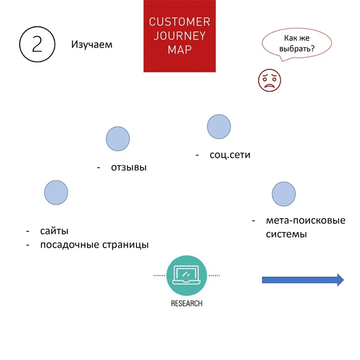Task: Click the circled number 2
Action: point(37,44)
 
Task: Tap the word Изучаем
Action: point(92,45)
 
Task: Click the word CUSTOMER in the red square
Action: point(180,22)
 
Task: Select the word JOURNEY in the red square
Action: point(180,36)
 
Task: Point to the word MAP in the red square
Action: point(180,50)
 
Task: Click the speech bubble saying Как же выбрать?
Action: point(297,43)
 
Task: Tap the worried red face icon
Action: point(269,81)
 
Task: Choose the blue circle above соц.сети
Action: point(219,127)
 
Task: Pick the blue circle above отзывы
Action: point(118,139)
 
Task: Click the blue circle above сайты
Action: point(56,192)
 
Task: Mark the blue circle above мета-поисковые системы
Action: point(284,194)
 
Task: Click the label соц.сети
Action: point(230,155)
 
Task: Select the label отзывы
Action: point(129,167)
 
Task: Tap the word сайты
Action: point(54,231)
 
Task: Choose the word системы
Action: point(286,234)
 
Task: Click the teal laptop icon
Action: point(186,275)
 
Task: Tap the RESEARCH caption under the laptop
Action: point(187,303)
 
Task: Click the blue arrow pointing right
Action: point(303,280)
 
